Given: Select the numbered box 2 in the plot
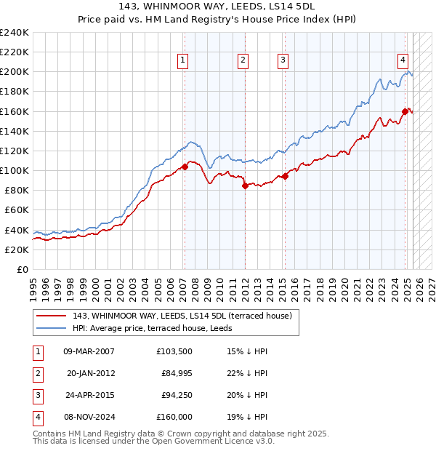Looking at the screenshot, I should point(243,60).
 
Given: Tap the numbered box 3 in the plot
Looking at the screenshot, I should point(283,60).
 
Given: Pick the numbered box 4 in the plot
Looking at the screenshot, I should point(402,60).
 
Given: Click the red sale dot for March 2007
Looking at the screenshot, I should point(185,167).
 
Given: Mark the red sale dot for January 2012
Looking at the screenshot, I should point(245,185).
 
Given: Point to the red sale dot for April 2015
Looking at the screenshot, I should point(286,176).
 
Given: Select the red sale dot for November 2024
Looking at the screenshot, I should point(405,111).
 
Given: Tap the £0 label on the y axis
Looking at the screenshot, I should point(23,269).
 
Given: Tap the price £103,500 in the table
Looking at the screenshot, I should point(174,351).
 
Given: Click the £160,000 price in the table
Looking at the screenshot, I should point(174,417).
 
